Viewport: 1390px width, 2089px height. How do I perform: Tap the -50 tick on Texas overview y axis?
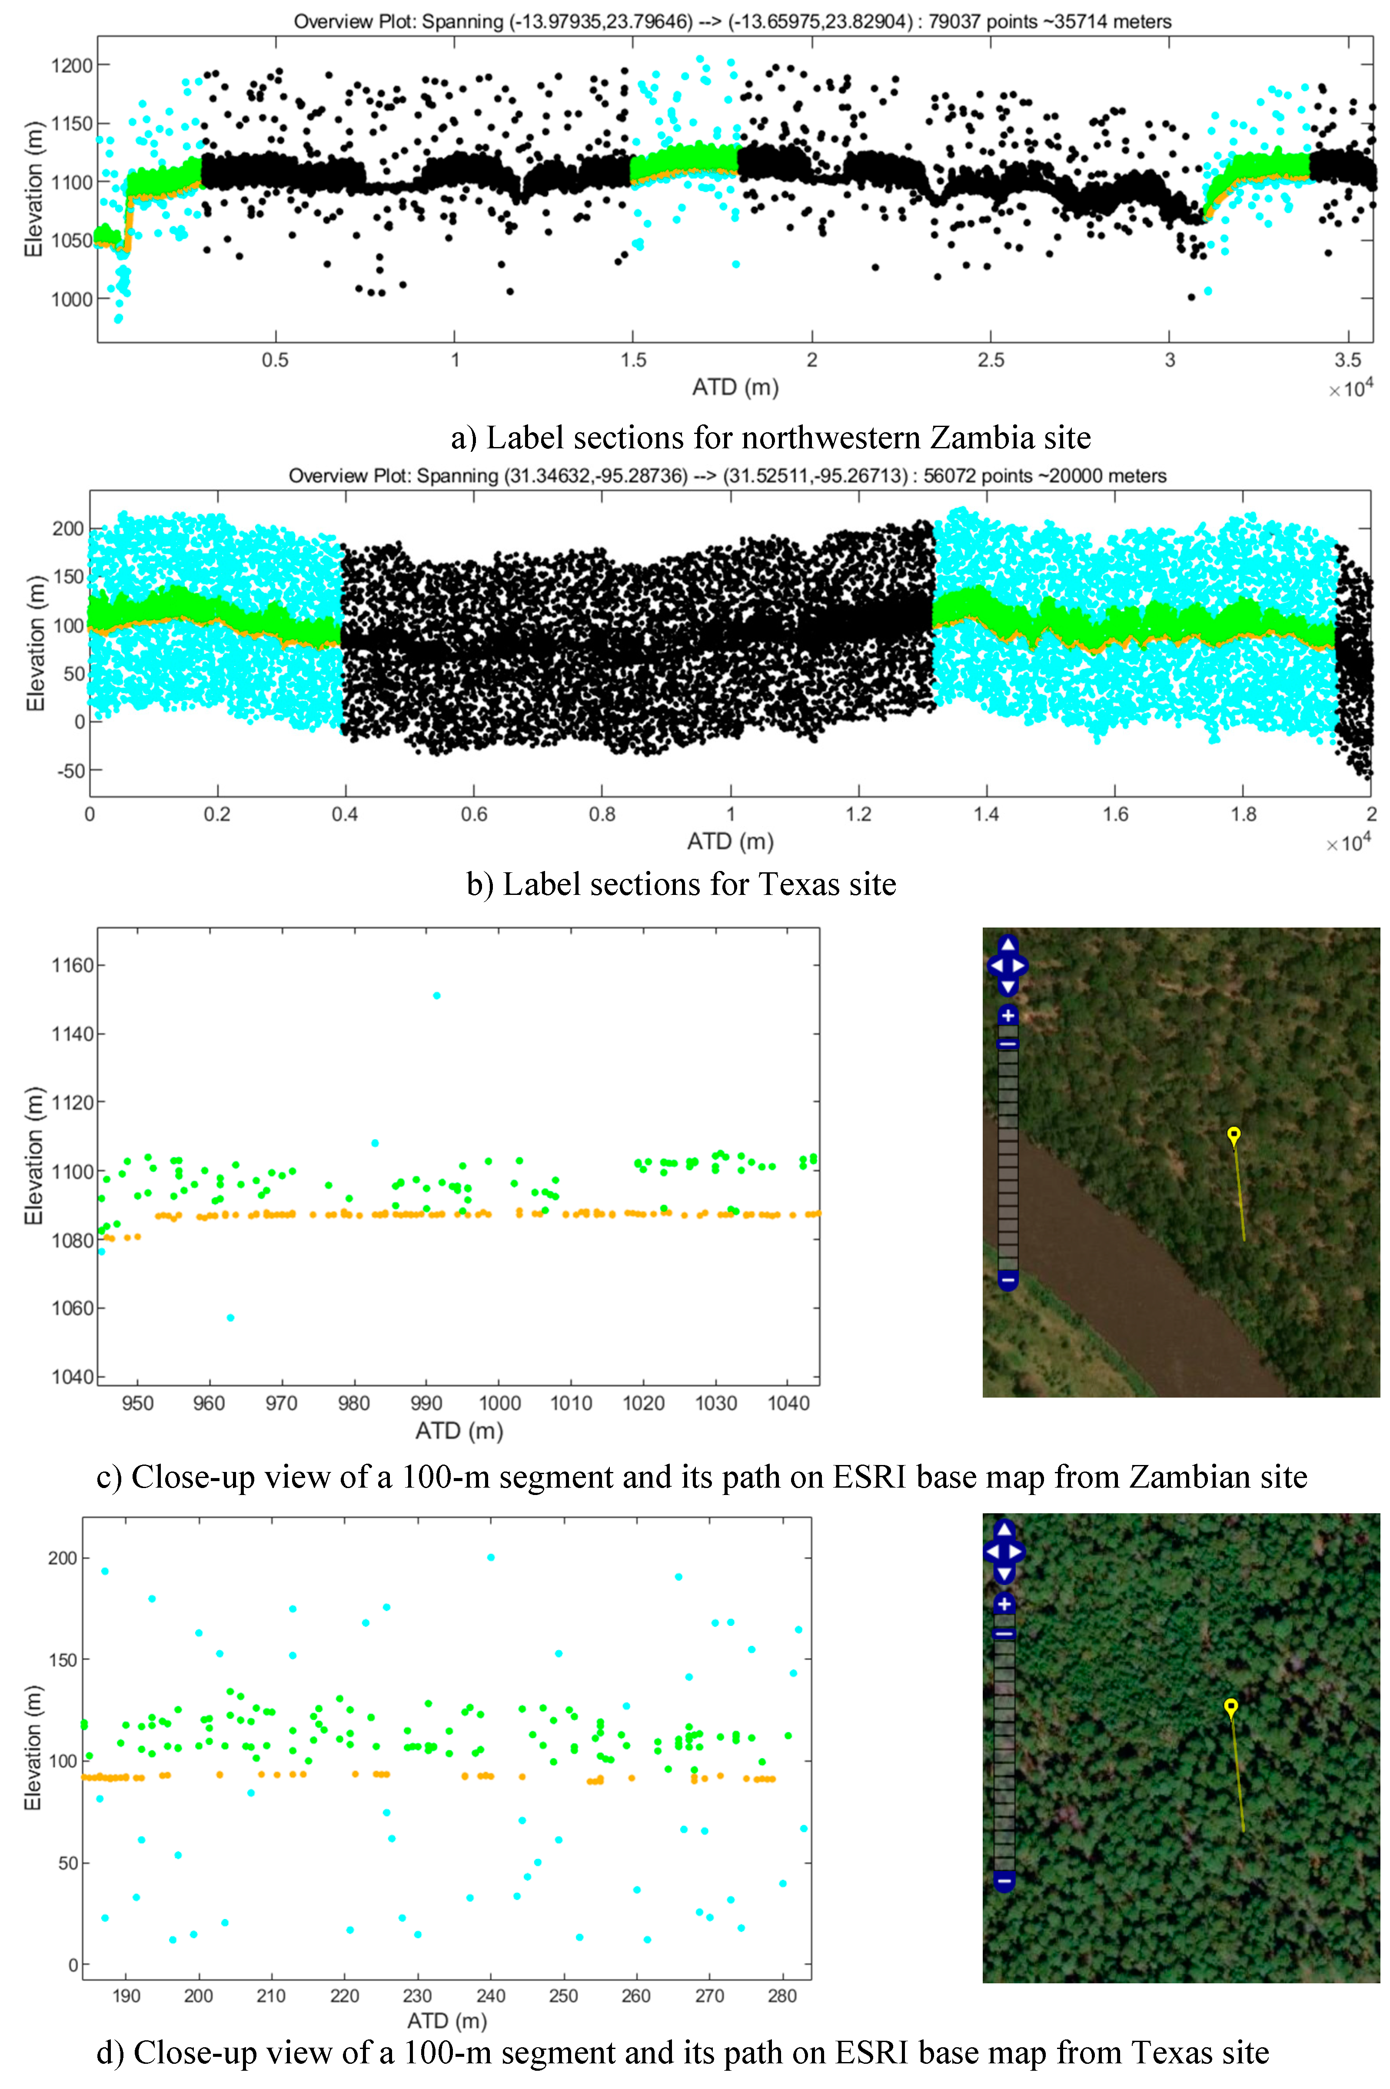(71, 771)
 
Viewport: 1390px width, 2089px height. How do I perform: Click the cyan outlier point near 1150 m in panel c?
(436, 996)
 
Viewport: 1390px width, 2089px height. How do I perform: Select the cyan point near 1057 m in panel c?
(230, 1318)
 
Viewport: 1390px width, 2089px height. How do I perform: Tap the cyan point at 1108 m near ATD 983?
(375, 1143)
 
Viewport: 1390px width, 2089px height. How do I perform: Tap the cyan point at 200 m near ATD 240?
(491, 1557)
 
